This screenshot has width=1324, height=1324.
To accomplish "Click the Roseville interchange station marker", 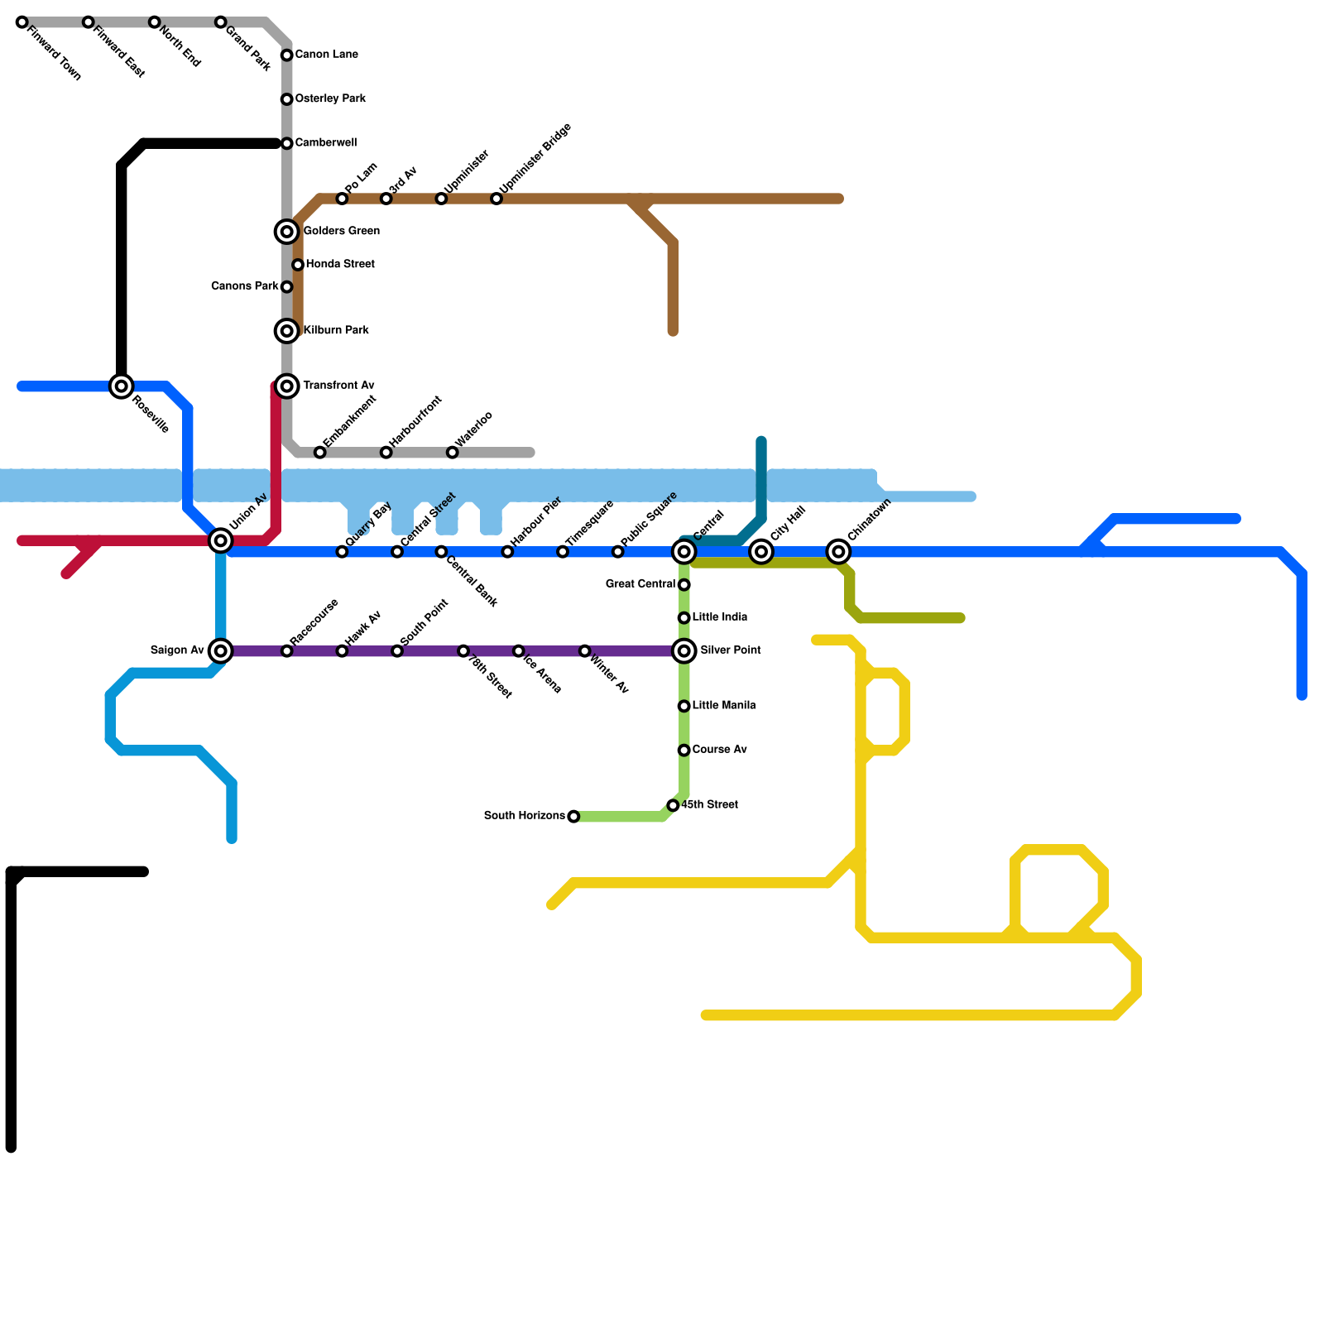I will (x=122, y=386).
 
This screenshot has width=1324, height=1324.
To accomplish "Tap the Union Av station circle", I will (x=221, y=541).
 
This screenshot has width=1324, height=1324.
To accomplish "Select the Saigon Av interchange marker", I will (x=221, y=651).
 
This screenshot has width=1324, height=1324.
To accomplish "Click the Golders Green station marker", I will (x=287, y=232).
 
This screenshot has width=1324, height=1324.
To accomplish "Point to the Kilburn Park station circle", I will (x=287, y=331).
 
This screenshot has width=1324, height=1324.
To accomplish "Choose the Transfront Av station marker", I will (x=287, y=386).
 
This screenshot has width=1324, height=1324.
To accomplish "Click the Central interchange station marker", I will (x=684, y=552).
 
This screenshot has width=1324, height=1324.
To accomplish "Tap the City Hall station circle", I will (x=762, y=552).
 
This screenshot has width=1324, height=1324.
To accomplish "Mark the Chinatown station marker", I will (x=839, y=552).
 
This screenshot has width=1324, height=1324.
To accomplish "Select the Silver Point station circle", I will (x=684, y=651).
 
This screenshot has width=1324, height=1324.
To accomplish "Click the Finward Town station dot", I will (x=22, y=22).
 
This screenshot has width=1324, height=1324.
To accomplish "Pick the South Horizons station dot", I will (x=573, y=817).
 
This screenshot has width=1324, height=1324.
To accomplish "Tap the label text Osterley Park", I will (x=330, y=99).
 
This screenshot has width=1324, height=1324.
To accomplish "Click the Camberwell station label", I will (x=326, y=143).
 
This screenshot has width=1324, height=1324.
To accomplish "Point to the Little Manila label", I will (x=724, y=706).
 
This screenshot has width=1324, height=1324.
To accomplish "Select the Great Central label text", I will (x=640, y=584).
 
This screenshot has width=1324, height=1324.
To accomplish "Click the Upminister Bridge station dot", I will (x=496, y=199).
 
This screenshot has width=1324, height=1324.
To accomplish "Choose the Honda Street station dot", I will (x=298, y=265).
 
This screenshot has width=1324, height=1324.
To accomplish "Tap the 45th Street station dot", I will (x=674, y=805).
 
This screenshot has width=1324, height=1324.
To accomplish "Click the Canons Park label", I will (x=245, y=286).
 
